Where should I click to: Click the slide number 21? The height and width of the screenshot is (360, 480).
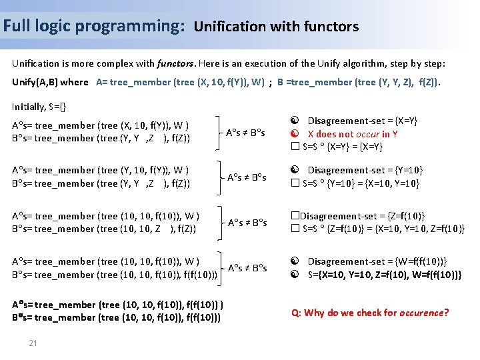click(33, 343)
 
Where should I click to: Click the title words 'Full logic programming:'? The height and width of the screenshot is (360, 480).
click(93, 26)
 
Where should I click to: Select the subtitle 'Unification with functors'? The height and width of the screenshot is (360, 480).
click(276, 27)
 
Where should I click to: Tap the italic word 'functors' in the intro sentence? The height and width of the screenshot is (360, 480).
click(175, 64)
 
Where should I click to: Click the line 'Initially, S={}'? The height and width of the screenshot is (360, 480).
click(39, 106)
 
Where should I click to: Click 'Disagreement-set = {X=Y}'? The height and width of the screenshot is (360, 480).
click(362, 121)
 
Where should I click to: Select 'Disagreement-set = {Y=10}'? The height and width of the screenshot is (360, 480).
click(365, 170)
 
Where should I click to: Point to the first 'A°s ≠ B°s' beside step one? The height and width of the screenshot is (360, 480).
click(247, 133)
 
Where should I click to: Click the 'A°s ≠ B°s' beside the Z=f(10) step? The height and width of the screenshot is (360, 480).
click(247, 222)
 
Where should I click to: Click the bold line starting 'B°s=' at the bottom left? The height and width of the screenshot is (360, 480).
click(117, 317)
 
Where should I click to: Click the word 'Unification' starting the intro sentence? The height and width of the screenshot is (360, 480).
click(37, 64)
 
